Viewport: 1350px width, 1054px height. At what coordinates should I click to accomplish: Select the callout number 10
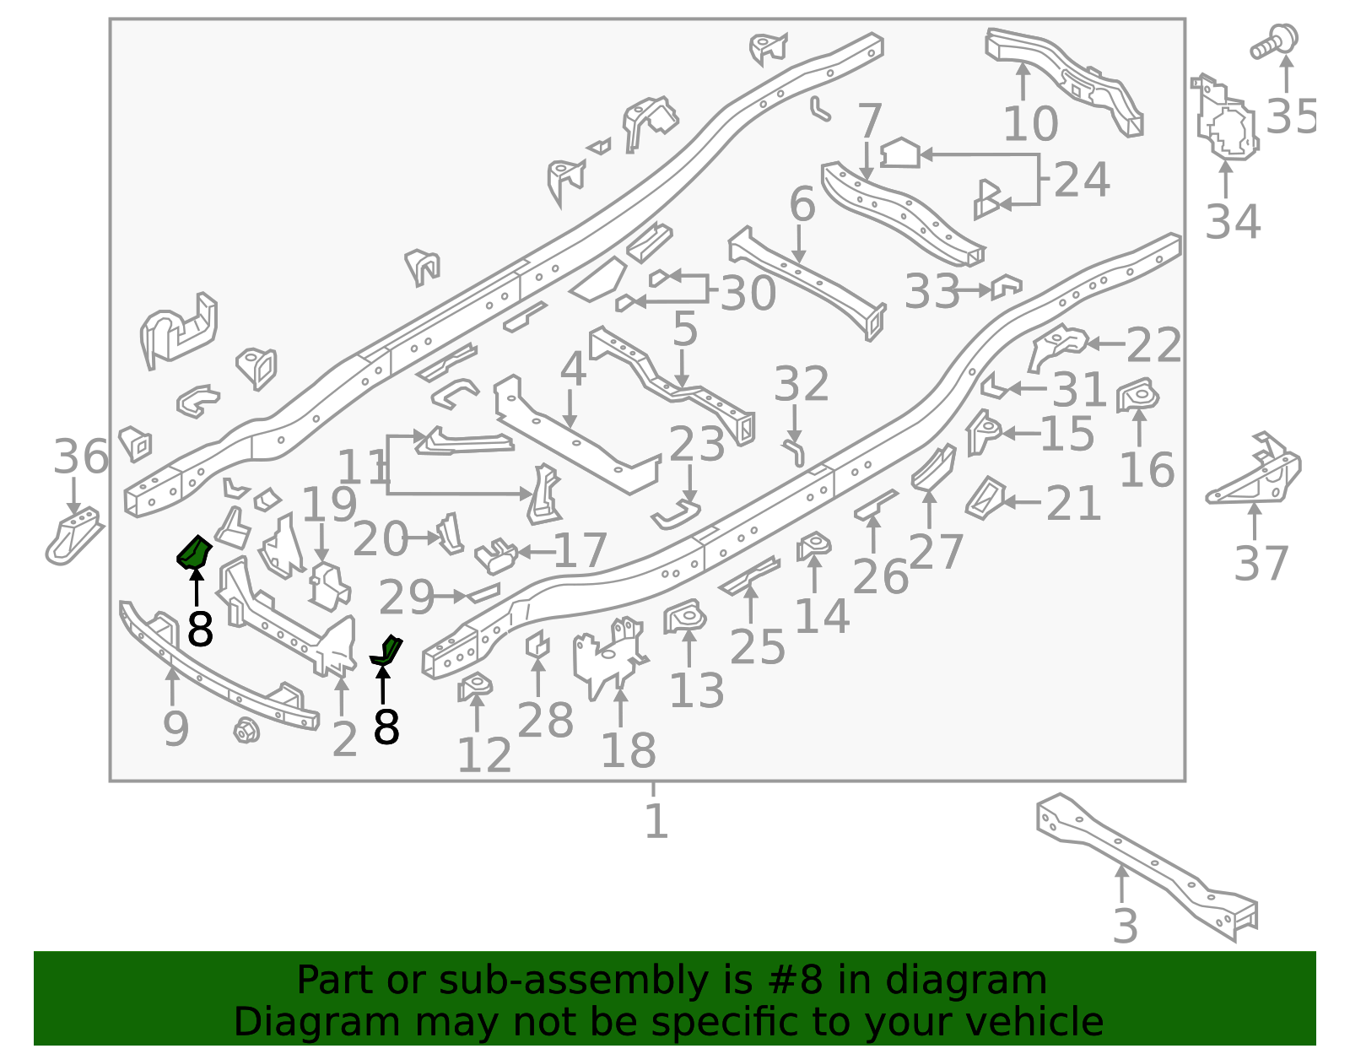click(x=1031, y=124)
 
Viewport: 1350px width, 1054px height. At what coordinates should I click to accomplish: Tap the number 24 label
click(x=1082, y=180)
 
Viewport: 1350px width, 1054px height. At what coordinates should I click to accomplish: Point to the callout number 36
click(x=81, y=457)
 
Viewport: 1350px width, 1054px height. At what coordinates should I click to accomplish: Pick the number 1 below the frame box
click(x=656, y=820)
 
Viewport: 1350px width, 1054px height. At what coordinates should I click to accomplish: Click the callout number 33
click(x=931, y=291)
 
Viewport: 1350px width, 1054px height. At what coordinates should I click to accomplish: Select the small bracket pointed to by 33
click(x=1006, y=286)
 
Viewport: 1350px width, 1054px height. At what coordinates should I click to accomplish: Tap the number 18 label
click(x=628, y=750)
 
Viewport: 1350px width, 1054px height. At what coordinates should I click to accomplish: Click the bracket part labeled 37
click(x=1255, y=475)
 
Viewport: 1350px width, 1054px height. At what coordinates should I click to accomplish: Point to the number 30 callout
click(x=748, y=293)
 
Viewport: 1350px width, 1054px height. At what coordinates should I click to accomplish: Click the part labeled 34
click(x=1224, y=118)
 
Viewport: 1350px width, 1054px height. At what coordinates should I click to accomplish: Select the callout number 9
click(x=175, y=729)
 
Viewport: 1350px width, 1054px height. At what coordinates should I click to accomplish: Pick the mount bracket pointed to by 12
click(x=475, y=686)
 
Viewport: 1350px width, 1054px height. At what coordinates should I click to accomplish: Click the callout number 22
click(x=1153, y=345)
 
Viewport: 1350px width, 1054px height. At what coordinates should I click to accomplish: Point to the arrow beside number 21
click(x=1021, y=502)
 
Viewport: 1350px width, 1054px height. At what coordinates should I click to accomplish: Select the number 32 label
click(x=802, y=384)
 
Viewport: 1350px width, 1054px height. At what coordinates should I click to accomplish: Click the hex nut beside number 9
click(x=246, y=731)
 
